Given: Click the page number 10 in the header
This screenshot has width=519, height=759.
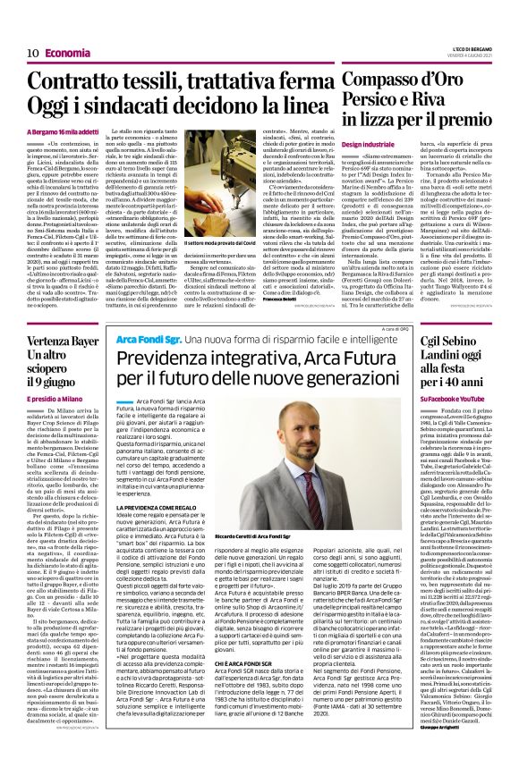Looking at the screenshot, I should (x=29, y=53).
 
